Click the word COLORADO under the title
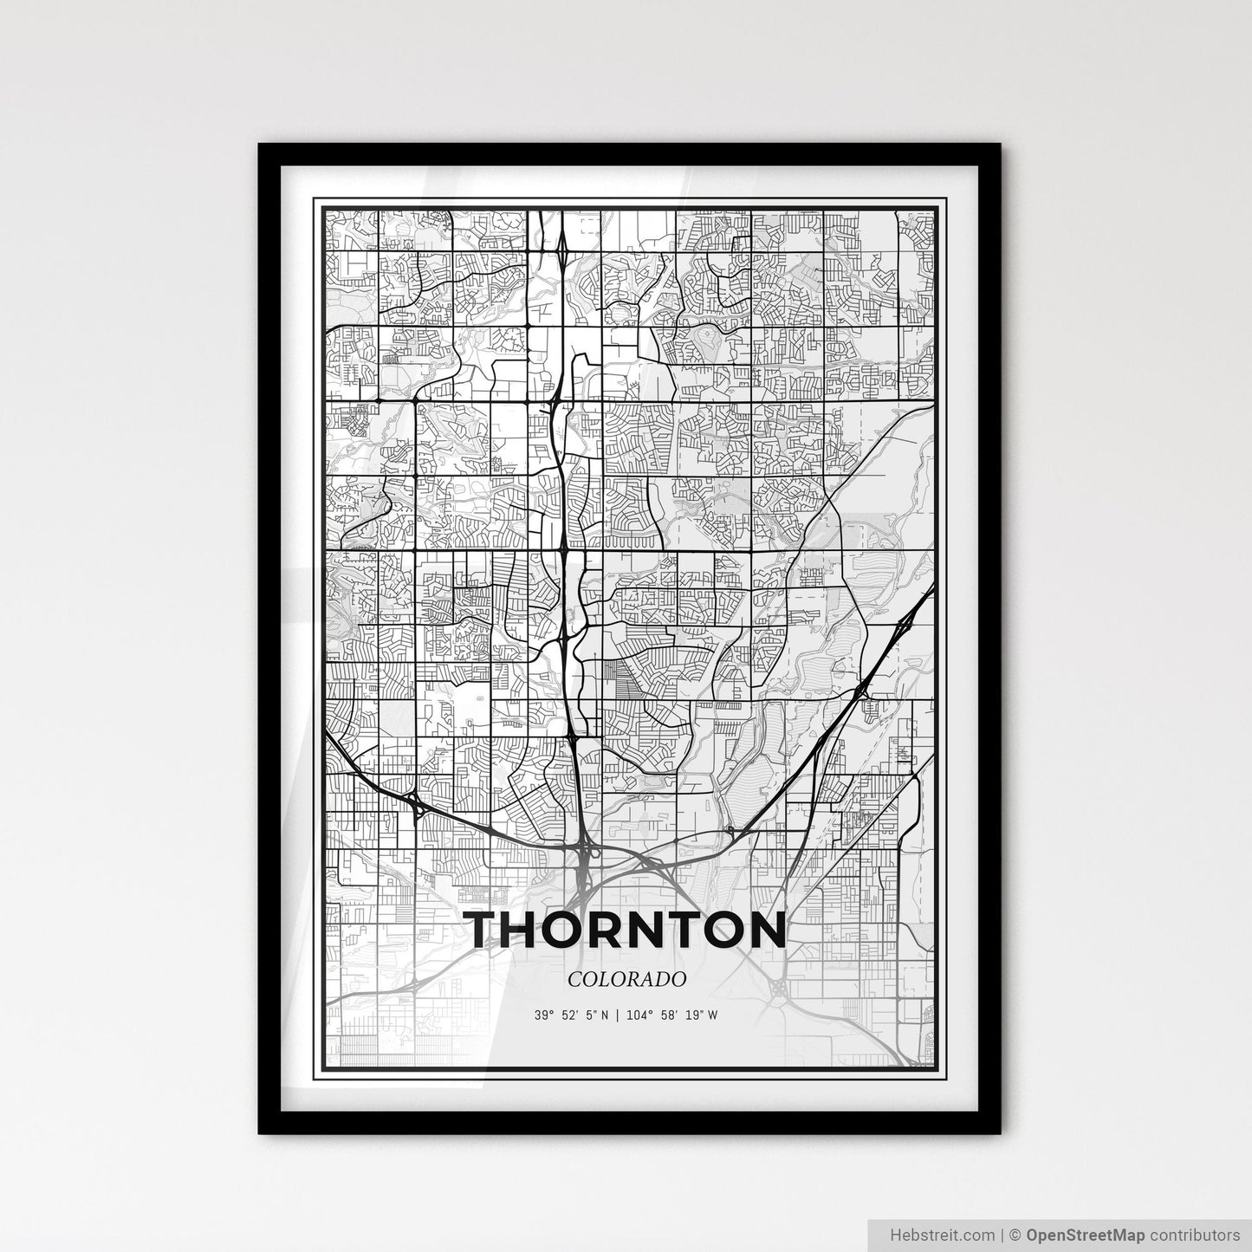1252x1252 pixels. click(x=627, y=978)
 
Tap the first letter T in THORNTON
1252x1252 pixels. click(x=489, y=930)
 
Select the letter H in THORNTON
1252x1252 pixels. click(x=533, y=930)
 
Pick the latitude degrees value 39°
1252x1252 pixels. click(x=543, y=1015)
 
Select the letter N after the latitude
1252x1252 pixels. click(x=606, y=1015)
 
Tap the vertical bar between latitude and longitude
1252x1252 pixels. click(x=618, y=1015)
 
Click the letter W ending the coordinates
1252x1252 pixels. click(x=712, y=1015)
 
